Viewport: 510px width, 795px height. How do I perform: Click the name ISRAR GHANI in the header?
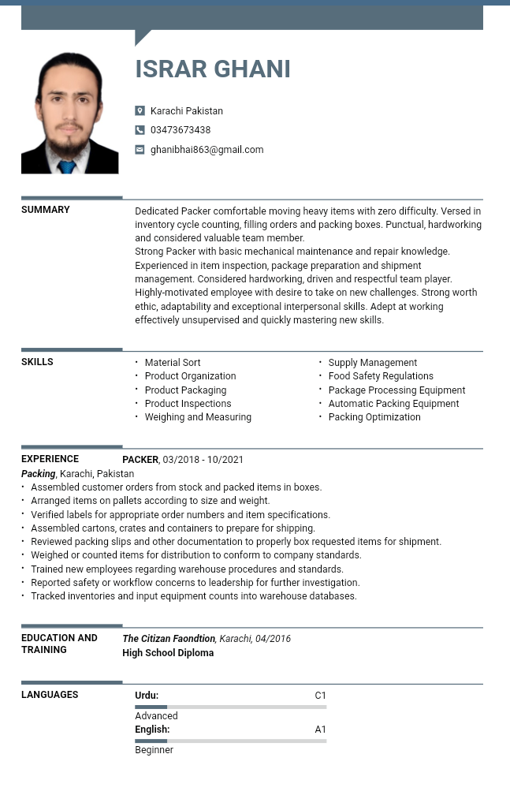213,69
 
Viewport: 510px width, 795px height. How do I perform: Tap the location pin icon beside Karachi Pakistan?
140,111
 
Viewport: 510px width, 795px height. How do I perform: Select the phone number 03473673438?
181,130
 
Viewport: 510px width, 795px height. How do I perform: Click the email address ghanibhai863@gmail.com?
207,150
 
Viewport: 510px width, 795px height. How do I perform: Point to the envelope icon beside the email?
140,150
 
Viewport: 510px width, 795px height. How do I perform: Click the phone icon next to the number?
140,130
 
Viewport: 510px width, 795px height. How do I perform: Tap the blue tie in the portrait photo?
67,166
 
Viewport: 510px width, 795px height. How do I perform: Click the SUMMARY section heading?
46,210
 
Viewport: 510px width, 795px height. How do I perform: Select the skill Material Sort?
173,363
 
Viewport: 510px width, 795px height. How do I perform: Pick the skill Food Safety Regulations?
381,376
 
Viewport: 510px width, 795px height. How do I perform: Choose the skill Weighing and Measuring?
198,417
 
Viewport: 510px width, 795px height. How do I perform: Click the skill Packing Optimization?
374,417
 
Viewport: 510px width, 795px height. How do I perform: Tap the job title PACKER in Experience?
140,460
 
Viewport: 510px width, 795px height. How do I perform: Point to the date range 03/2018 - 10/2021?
203,460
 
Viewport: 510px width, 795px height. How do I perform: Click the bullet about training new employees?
187,569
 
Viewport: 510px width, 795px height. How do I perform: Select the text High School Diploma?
168,653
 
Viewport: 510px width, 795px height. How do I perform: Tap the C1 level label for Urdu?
320,696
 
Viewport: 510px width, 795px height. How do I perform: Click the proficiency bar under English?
230,741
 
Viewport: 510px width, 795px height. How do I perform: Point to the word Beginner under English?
154,750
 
